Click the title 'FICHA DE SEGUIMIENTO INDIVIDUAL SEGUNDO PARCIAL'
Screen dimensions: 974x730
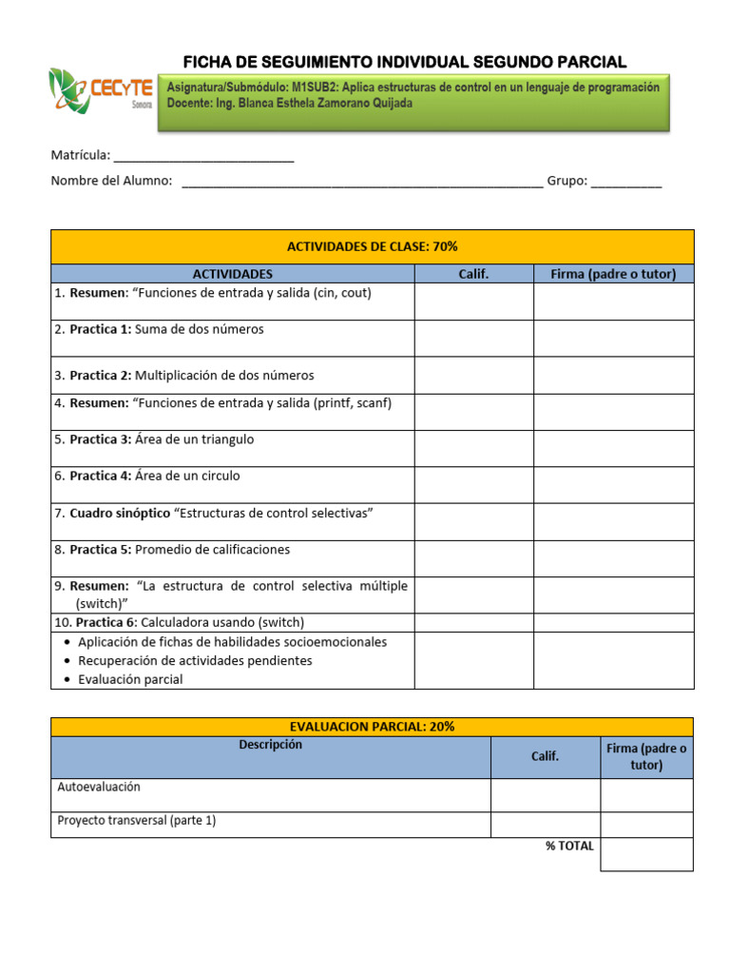[x=404, y=63]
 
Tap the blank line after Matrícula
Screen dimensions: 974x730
[x=203, y=158]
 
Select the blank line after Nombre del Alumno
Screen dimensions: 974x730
[x=361, y=184]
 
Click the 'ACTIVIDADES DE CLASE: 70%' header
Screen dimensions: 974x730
[x=373, y=246]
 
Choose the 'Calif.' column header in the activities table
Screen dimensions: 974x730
[x=473, y=274]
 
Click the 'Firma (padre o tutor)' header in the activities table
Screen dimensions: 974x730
[x=613, y=274]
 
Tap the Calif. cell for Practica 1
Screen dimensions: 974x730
[x=473, y=338]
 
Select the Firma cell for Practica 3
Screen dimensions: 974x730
[x=613, y=448]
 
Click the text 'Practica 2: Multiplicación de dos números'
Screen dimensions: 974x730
[x=191, y=376]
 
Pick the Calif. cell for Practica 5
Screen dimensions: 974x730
[x=473, y=558]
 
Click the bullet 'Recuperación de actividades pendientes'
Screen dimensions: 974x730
[x=195, y=660]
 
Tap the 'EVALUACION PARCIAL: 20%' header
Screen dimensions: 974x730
[x=373, y=726]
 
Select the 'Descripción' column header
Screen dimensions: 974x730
[x=271, y=745]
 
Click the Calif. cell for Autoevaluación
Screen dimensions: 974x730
[x=545, y=795]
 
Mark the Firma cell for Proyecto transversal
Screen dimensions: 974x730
[x=646, y=824]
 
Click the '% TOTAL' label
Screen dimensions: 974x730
[x=569, y=846]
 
